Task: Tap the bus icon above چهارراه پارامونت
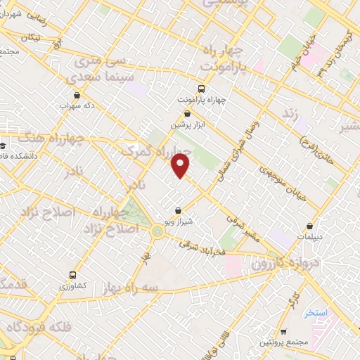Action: coord(202,89)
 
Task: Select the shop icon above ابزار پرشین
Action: coord(187,113)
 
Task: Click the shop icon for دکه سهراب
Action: coord(77,95)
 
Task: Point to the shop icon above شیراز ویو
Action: coord(178,210)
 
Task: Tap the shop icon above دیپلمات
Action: coord(311,226)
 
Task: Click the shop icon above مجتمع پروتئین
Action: coord(282,330)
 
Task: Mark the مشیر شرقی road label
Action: coord(243,229)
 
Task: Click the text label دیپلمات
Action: coord(311,238)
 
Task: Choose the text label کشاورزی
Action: coord(72,287)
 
